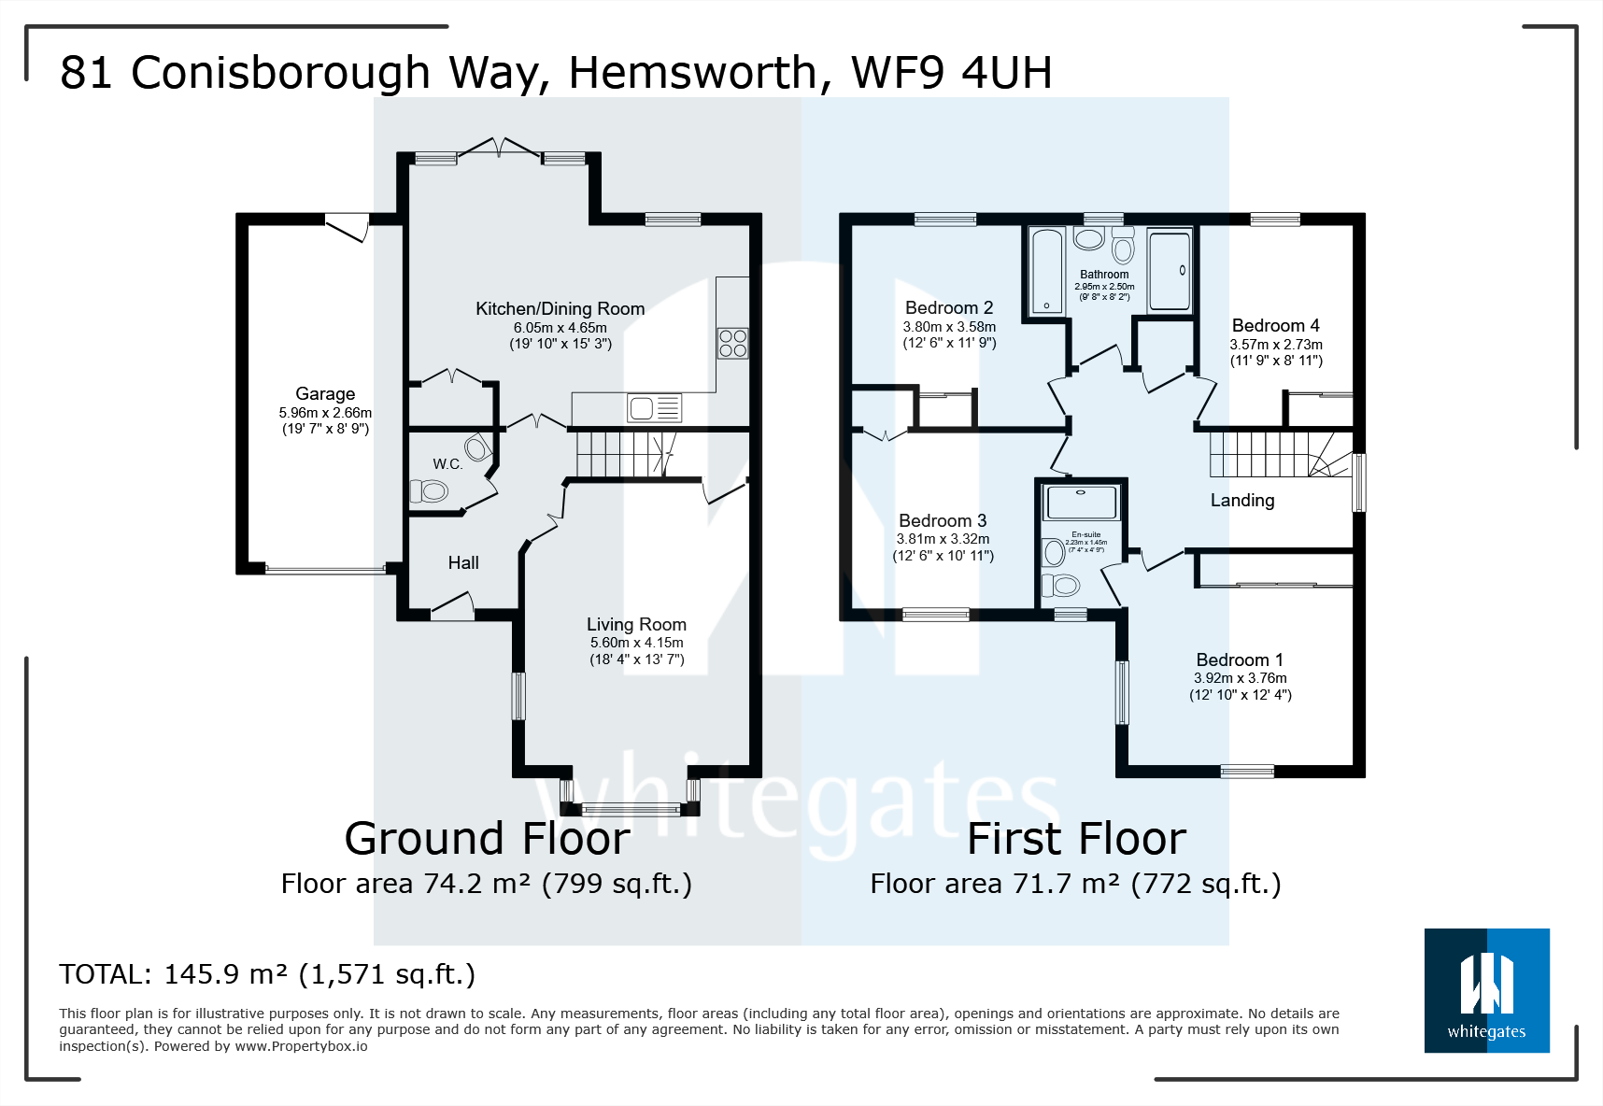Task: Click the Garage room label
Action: click(x=325, y=394)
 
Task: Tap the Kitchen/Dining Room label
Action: click(x=560, y=309)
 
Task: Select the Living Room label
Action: click(x=636, y=625)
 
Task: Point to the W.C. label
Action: click(x=447, y=464)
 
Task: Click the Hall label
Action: click(x=463, y=562)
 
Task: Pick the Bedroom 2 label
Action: click(x=949, y=308)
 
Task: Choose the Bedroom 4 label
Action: click(x=1275, y=326)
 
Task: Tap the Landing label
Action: click(x=1242, y=501)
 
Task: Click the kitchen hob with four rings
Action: click(x=732, y=343)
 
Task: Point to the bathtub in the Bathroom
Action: click(x=1047, y=270)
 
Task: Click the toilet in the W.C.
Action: click(x=430, y=490)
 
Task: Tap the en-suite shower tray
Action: click(x=1082, y=502)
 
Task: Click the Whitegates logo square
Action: click(x=1486, y=991)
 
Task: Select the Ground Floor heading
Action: click(x=487, y=838)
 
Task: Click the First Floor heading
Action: click(x=1076, y=838)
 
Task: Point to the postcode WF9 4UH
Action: click(x=951, y=73)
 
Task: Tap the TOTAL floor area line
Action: click(x=267, y=974)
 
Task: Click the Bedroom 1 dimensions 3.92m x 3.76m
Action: click(x=1240, y=678)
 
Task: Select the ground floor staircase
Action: click(x=621, y=454)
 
